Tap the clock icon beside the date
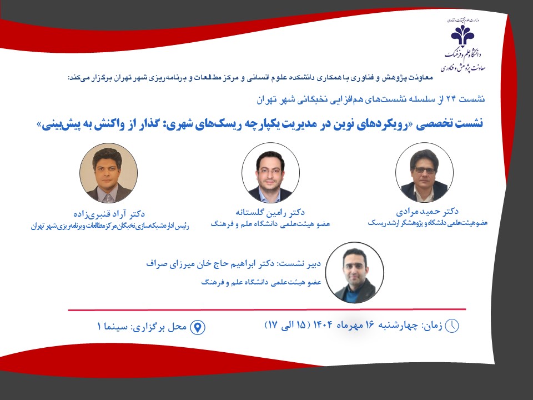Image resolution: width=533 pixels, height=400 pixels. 452,326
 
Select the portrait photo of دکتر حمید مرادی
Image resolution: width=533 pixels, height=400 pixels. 424,172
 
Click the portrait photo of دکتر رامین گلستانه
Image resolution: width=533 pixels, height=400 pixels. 270,172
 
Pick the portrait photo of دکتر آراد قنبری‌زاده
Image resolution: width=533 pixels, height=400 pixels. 109,172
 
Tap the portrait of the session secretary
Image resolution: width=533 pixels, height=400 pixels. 355,272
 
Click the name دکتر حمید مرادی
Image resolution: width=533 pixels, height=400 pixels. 427,212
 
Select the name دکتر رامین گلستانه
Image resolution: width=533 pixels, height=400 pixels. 270,213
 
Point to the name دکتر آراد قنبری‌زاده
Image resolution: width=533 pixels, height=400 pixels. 109,214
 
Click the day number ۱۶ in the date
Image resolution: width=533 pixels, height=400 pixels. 369,325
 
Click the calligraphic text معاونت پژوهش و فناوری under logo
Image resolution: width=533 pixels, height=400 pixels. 463,67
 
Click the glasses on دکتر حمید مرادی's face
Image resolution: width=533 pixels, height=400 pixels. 424,171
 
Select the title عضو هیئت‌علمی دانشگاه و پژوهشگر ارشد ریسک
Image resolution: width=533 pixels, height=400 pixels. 428,223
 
